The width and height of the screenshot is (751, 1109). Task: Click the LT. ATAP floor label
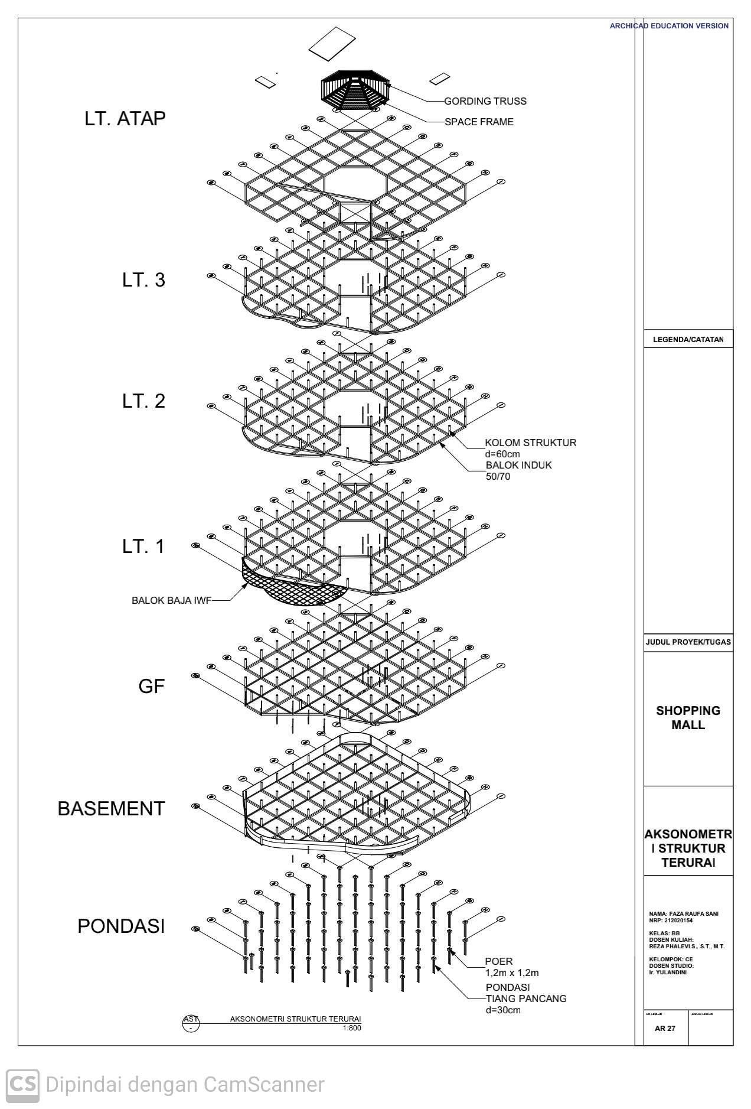[x=125, y=119]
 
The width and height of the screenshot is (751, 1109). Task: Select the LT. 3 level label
[x=143, y=280]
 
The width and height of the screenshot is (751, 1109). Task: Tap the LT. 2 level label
[x=143, y=401]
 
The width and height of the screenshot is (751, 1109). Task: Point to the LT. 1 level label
[x=143, y=547]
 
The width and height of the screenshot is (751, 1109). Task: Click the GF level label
[x=151, y=687]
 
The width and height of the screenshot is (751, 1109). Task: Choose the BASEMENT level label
[x=111, y=809]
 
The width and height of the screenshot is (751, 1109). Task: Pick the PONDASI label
[x=121, y=926]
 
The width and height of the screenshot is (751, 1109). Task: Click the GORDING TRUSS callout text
[x=485, y=101]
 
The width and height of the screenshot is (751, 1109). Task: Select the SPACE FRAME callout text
[x=479, y=122]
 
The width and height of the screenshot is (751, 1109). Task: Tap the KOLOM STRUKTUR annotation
[x=530, y=443]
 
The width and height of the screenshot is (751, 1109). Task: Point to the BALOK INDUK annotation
[x=518, y=465]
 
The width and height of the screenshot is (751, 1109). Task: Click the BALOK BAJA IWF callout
[x=171, y=600]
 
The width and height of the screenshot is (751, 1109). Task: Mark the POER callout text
[x=499, y=961]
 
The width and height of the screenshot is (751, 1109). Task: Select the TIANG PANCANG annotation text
[x=525, y=999]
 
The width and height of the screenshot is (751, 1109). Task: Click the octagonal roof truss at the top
[x=355, y=91]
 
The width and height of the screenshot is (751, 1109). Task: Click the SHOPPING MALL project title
[x=688, y=717]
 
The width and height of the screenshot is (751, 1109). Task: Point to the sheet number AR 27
[x=665, y=1028]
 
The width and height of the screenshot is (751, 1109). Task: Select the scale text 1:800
[x=351, y=1028]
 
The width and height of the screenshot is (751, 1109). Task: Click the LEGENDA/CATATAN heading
[x=688, y=340]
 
